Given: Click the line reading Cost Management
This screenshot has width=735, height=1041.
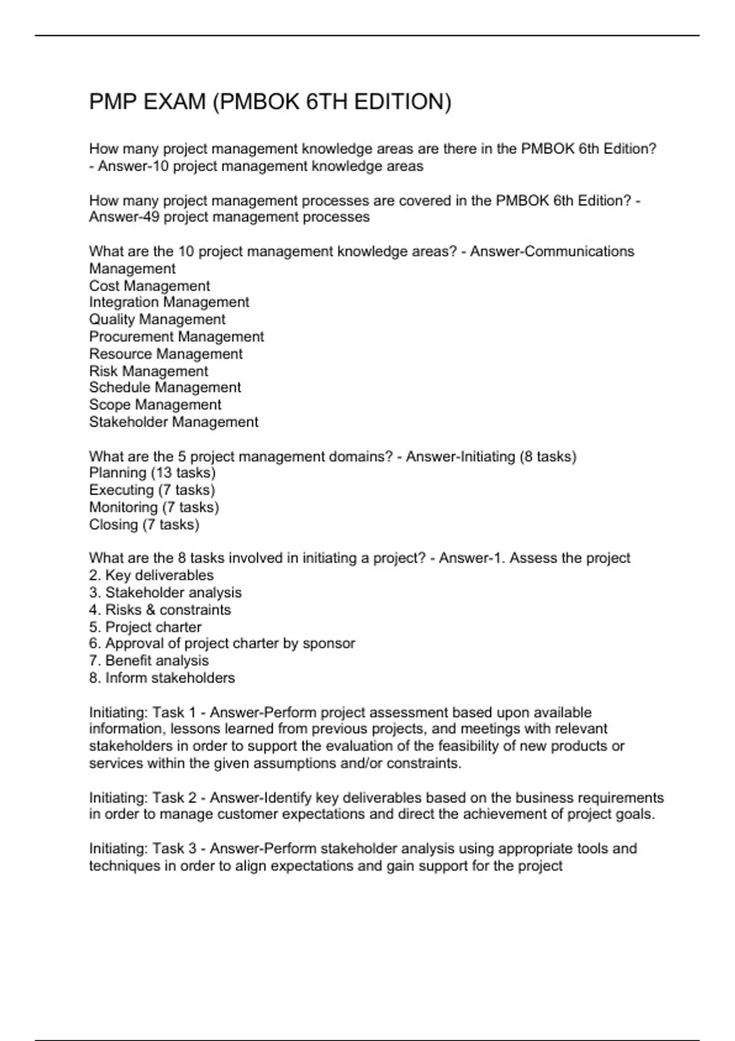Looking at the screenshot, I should tap(149, 286).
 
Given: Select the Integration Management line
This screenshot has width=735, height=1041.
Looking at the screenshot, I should tap(169, 303).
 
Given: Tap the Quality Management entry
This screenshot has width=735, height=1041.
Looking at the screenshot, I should tap(157, 320).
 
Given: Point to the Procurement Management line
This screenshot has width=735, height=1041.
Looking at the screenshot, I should tap(176, 337).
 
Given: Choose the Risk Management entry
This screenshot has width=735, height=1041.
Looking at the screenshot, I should tap(148, 371).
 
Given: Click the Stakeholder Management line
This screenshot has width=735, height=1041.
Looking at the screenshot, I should tap(173, 422).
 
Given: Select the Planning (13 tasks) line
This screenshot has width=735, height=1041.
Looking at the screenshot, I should tap(153, 473).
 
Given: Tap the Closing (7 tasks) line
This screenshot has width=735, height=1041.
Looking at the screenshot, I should tap(144, 525).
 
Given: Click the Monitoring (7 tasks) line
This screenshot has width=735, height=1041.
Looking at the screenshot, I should tap(154, 508).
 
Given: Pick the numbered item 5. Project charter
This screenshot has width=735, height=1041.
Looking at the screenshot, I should tap(145, 627).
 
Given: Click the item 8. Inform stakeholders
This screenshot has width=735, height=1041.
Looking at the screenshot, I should tap(162, 678).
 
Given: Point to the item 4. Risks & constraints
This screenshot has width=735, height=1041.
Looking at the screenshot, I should tap(160, 610).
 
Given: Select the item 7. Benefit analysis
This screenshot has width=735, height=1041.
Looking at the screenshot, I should tap(149, 661).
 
